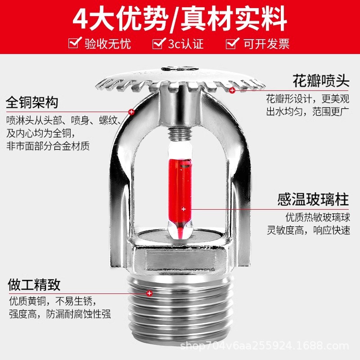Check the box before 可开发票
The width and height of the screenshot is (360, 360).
(x=232, y=43)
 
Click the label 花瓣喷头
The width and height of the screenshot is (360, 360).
(x=321, y=81)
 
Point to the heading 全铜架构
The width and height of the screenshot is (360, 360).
(x=32, y=102)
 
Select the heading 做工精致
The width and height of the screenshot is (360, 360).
(x=34, y=284)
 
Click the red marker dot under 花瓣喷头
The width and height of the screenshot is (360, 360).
(x=232, y=91)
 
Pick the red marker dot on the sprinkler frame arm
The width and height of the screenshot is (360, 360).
(x=131, y=112)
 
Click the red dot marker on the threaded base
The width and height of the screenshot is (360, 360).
(x=149, y=293)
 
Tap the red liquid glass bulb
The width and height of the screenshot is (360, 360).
(x=182, y=189)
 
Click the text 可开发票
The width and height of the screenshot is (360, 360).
(x=266, y=44)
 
